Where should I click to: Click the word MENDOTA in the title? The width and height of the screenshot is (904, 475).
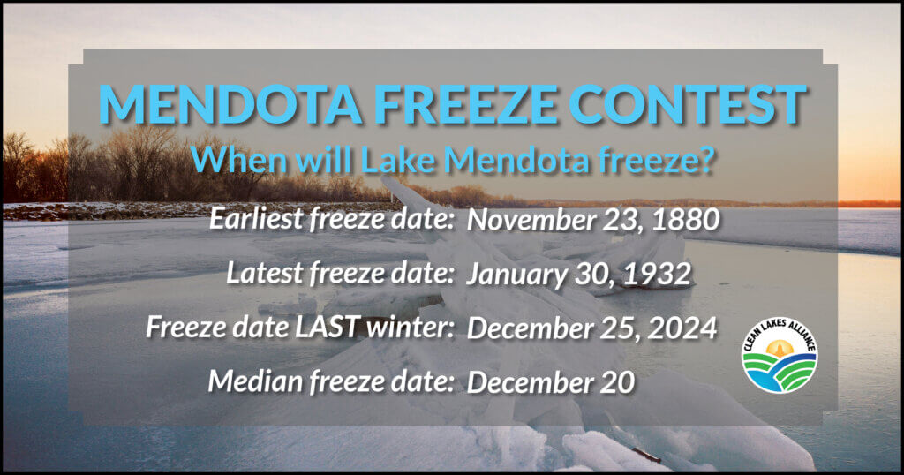pyautogui.click(x=230, y=104)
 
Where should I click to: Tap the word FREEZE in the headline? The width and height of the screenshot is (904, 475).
pyautogui.click(x=464, y=104)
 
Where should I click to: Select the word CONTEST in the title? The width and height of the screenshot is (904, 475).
pyautogui.click(x=687, y=104)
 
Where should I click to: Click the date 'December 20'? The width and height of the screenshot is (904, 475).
pyautogui.click(x=551, y=382)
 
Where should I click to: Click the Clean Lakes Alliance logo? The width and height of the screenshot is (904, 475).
pyautogui.click(x=780, y=355)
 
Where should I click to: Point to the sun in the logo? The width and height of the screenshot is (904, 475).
pyautogui.click(x=780, y=348)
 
